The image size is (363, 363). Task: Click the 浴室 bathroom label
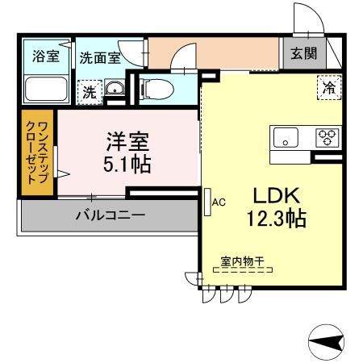tap(46, 56)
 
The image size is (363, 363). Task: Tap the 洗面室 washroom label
tap(100, 57)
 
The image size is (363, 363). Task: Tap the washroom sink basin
tap(115, 90)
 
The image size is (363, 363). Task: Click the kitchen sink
tap(286, 138)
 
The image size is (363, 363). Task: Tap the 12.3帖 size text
tap(277, 218)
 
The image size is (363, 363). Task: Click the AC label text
tap(218, 202)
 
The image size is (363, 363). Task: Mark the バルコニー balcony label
tap(110, 215)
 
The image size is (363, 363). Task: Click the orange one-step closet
tap(37, 154)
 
